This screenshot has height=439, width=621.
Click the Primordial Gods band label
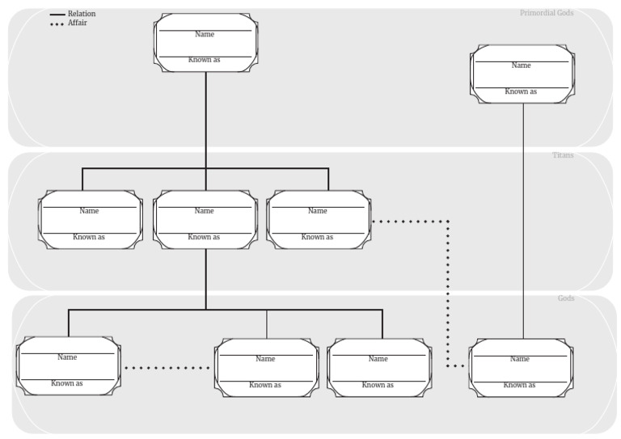[x=547, y=13]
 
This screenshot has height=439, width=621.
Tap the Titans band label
[x=562, y=155]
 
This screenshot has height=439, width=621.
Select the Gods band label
[x=566, y=298]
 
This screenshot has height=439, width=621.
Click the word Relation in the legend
[x=82, y=14]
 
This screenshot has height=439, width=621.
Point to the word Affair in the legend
[x=78, y=23]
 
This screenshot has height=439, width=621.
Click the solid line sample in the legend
[x=57, y=15]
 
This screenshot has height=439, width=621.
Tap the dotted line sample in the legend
[x=57, y=24]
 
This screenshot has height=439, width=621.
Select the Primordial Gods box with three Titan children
[x=205, y=43]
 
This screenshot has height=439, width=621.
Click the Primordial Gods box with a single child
[x=522, y=74]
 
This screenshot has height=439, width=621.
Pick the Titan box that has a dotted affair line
[x=319, y=219]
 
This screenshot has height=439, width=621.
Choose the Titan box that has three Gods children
[x=205, y=219]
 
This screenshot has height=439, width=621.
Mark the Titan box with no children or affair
[x=91, y=219]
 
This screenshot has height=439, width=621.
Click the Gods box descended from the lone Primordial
[x=522, y=368]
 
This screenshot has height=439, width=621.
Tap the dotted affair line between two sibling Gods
[x=167, y=368]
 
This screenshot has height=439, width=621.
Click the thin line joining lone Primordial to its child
[x=523, y=218]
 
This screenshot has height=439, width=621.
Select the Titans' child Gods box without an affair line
[x=378, y=368]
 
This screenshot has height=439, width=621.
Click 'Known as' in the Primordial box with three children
[x=205, y=60]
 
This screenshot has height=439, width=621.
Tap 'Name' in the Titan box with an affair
[x=318, y=211]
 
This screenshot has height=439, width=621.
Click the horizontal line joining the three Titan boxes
[x=146, y=168]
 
